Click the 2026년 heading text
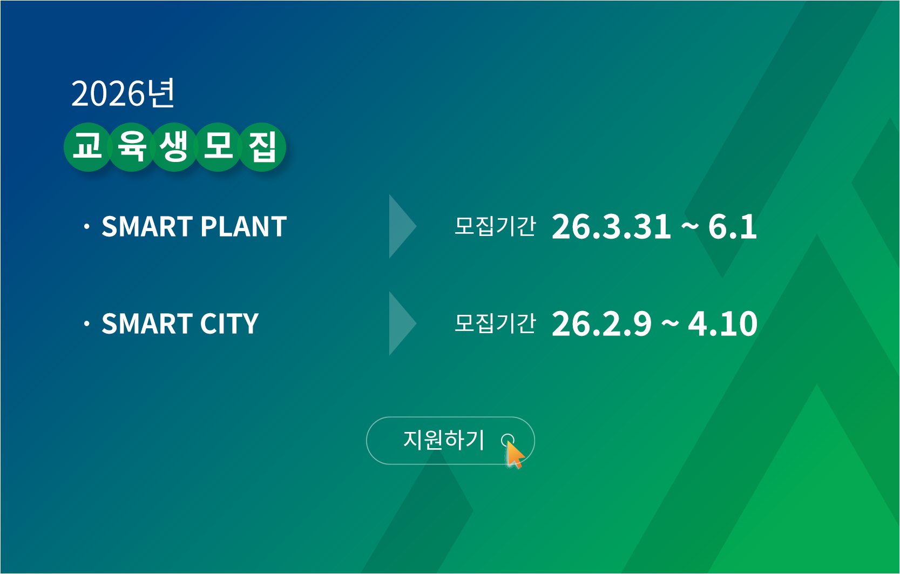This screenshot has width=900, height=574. click(123, 93)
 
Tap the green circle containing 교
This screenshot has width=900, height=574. click(87, 147)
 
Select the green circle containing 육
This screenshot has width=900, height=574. click(131, 147)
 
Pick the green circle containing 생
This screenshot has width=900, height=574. click(174, 147)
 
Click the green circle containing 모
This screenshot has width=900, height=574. click(218, 147)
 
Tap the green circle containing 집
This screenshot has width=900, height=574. click(262, 147)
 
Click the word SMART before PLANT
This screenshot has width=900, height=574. click(147, 227)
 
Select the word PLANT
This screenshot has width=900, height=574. click(243, 227)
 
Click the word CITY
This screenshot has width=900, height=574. click(229, 324)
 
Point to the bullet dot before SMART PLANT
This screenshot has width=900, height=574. click(86, 227)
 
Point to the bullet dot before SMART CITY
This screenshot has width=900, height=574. click(86, 324)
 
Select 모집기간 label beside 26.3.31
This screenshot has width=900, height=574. click(495, 226)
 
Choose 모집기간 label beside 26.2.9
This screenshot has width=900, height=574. click(495, 323)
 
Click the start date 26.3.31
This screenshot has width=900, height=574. click(611, 227)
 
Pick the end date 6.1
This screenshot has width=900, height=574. click(733, 227)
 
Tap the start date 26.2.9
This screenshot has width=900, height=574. click(601, 324)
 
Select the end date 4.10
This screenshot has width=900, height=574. click(723, 324)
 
